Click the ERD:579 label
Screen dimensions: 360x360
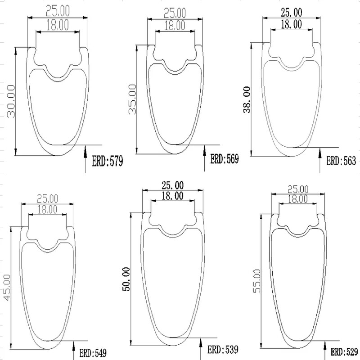pyautogui.click(x=108, y=161)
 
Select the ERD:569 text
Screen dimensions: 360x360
pyautogui.click(x=225, y=159)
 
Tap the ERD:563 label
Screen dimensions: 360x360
pyautogui.click(x=341, y=161)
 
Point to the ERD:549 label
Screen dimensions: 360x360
pyautogui.click(x=93, y=353)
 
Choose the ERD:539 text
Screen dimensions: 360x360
pyautogui.click(x=223, y=350)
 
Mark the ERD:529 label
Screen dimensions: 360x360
pyautogui.click(x=344, y=352)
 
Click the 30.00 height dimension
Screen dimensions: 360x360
pyautogui.click(x=11, y=101)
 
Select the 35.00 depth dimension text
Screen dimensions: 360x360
pyautogui.click(x=132, y=99)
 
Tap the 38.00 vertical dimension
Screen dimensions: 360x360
pyautogui.click(x=247, y=99)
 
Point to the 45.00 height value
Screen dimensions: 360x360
pyautogui.click(x=7, y=288)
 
